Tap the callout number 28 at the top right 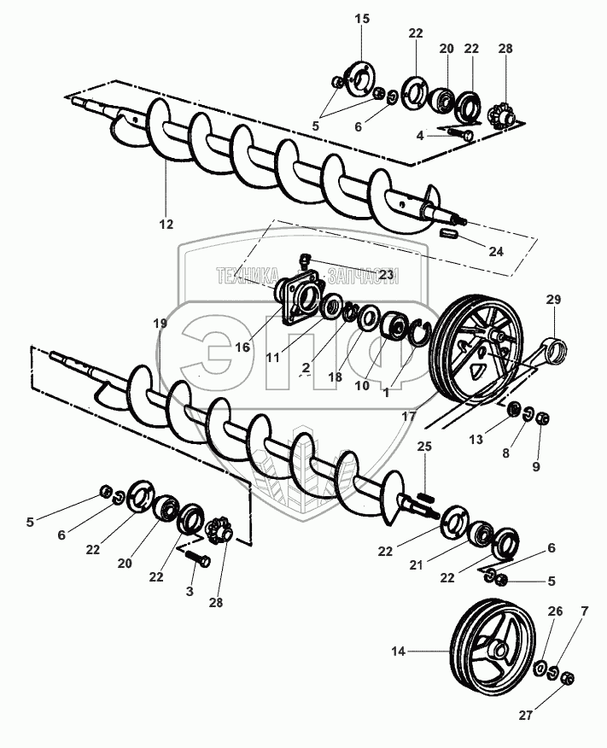(x=505, y=49)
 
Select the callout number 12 (x=166, y=224)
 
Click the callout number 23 (x=386, y=275)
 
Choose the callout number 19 (x=161, y=323)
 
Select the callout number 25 (x=424, y=447)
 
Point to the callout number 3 (x=190, y=592)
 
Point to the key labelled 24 (x=452, y=231)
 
